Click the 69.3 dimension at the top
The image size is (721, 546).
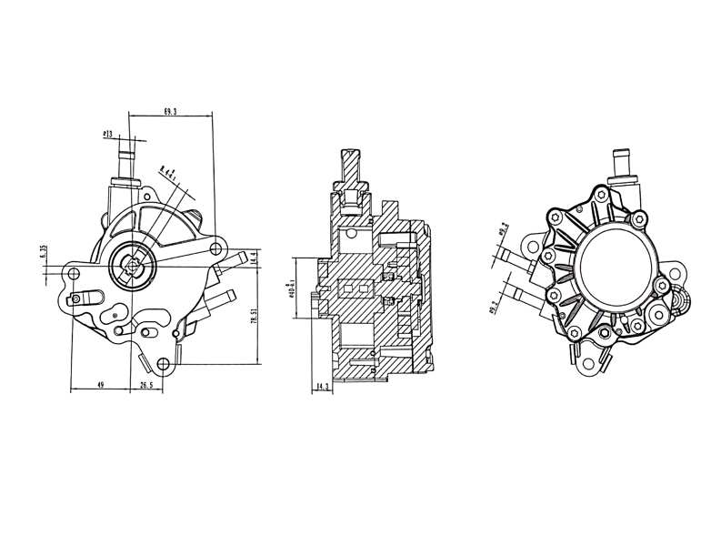point(170,111)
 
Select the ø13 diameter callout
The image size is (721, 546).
point(108,134)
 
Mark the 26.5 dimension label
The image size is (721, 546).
point(145,387)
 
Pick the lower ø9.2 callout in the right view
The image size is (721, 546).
point(495,309)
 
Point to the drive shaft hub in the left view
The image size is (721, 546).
point(131,266)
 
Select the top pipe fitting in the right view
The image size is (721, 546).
point(624,160)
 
